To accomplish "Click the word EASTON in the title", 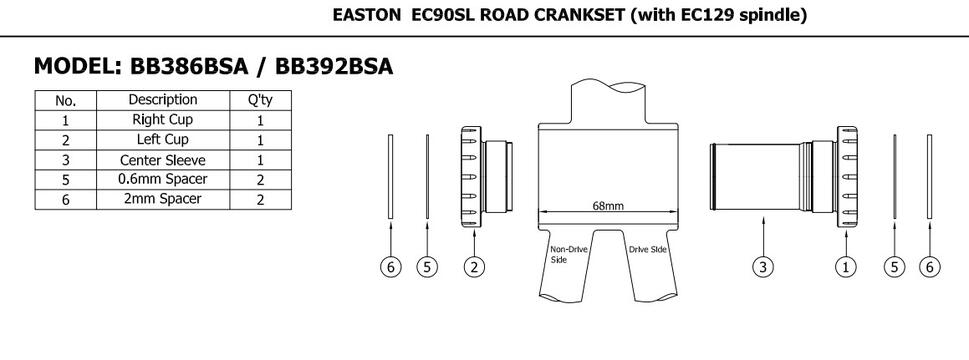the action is click(367, 15).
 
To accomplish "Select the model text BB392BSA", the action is click(334, 66).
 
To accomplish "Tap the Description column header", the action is click(163, 100).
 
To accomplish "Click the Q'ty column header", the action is click(260, 100).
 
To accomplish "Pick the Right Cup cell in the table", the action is click(163, 120).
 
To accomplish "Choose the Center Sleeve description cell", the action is click(163, 161).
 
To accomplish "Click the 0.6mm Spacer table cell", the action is click(163, 180).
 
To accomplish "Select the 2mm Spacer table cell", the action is click(163, 199).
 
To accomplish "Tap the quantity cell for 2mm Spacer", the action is click(260, 199).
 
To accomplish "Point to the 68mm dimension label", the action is click(608, 206).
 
